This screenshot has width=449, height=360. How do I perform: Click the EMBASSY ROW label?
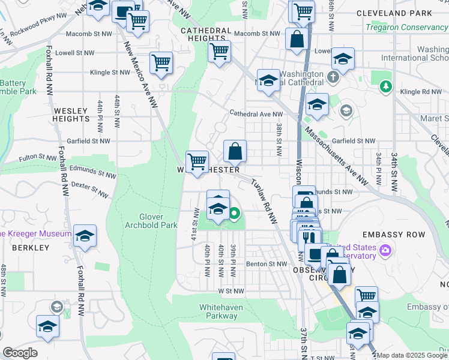(x=393, y=235)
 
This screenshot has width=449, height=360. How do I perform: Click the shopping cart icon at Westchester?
(x=197, y=161)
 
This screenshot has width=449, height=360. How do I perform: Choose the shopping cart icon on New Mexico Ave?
(x=161, y=62)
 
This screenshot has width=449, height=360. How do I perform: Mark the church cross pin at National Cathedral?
(x=334, y=77)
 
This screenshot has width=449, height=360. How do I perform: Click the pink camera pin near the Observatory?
(x=384, y=249)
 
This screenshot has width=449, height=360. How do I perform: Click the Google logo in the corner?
(x=20, y=353)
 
